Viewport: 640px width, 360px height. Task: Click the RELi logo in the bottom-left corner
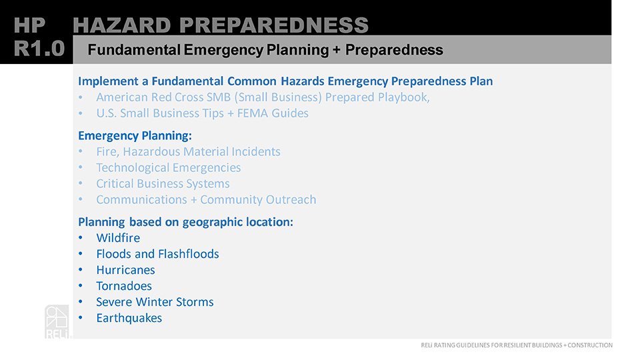[x=57, y=321]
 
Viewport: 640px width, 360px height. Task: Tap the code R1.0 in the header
[x=39, y=49]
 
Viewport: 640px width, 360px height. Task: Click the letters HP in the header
[x=29, y=25]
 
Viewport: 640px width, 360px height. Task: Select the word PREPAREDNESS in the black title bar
[x=274, y=25]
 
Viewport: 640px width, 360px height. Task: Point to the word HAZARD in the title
[x=121, y=25]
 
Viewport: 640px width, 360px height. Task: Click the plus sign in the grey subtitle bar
[x=336, y=50]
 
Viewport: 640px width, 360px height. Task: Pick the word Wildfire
[x=118, y=237]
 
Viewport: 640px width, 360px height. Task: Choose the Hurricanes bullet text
[x=126, y=270]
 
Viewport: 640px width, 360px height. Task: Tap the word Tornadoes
[x=124, y=286]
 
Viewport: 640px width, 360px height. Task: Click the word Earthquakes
[x=129, y=318]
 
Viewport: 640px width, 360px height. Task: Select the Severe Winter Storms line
[x=155, y=302]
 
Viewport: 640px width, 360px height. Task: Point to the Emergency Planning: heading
[x=135, y=135]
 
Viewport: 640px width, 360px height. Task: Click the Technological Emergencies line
[x=169, y=168]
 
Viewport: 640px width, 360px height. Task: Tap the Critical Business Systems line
[x=163, y=184]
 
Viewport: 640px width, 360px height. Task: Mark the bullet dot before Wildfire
[x=81, y=237]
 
